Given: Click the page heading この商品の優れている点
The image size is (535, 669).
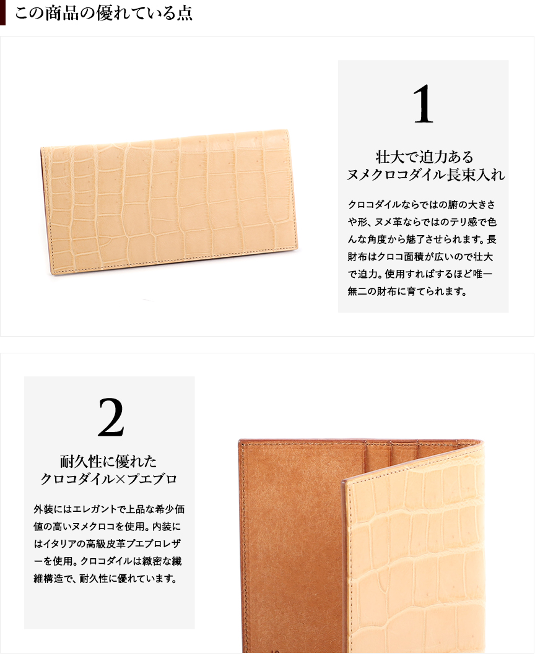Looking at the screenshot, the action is (x=104, y=13).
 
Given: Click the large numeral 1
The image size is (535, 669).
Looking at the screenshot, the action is (x=423, y=104).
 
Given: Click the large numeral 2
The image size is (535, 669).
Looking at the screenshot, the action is (x=111, y=417).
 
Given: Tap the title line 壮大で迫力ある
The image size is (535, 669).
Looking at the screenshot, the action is (x=424, y=157).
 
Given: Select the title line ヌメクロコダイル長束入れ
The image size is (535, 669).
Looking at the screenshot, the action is (x=425, y=175).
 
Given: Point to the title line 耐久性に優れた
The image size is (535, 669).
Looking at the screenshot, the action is (x=108, y=461).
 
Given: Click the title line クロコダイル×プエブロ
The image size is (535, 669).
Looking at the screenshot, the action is (x=109, y=479).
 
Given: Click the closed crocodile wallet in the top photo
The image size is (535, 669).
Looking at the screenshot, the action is (x=170, y=201).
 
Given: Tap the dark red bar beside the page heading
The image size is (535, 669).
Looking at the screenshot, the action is (x=2, y=12).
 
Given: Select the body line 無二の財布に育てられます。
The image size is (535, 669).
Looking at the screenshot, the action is (x=407, y=291).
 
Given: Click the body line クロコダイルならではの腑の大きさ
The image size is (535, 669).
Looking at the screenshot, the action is (x=422, y=204).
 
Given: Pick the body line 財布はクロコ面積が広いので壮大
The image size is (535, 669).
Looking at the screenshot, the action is (x=420, y=257).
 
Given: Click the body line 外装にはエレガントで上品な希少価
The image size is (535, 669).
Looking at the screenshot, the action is (x=109, y=509).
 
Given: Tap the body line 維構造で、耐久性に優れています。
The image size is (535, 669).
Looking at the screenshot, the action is (x=105, y=579).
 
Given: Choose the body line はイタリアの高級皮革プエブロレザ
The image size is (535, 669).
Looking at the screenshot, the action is (x=107, y=543).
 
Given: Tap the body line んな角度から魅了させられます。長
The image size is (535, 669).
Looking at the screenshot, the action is (x=422, y=240).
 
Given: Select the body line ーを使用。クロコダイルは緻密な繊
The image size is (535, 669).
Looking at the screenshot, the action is (x=108, y=561).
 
